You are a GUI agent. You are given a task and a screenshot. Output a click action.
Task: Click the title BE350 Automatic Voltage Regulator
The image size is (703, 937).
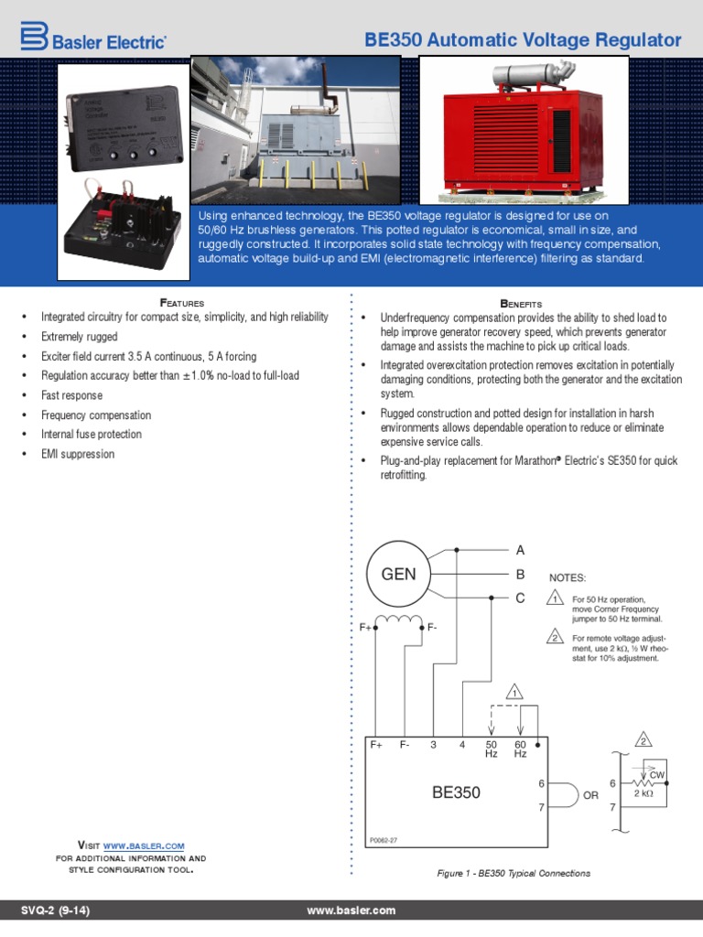[523, 40]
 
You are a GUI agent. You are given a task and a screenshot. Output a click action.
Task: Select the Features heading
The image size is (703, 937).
[182, 302]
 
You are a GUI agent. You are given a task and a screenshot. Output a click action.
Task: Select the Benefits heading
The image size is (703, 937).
[521, 303]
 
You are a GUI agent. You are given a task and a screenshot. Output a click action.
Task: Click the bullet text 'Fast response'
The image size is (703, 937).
[71, 395]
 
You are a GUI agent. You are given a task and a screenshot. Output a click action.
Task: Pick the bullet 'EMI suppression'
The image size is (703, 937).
[78, 454]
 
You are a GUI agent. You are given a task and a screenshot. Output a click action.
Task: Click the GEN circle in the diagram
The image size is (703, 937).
[398, 575]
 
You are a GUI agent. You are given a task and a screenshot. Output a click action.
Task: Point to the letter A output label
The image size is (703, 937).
[520, 550]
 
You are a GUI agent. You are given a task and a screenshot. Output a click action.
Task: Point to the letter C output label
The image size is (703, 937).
[520, 598]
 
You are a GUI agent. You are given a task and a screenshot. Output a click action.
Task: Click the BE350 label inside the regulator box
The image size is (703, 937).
[456, 792]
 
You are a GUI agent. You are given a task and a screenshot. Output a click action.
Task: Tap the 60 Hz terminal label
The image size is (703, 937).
[520, 749]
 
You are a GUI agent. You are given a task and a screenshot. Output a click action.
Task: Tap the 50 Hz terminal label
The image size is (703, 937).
[491, 749]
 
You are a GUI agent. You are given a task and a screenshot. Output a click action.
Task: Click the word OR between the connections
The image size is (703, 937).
[590, 796]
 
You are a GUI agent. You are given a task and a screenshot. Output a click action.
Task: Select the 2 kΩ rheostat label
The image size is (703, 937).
[644, 793]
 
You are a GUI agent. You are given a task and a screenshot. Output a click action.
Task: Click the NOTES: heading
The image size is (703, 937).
[567, 578]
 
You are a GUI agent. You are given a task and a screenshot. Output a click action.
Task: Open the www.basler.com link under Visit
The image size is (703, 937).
[144, 845]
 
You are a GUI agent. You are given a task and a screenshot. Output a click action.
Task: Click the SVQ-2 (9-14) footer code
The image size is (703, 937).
[55, 910]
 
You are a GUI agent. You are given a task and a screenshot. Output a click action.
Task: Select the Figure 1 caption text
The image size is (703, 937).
[514, 873]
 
